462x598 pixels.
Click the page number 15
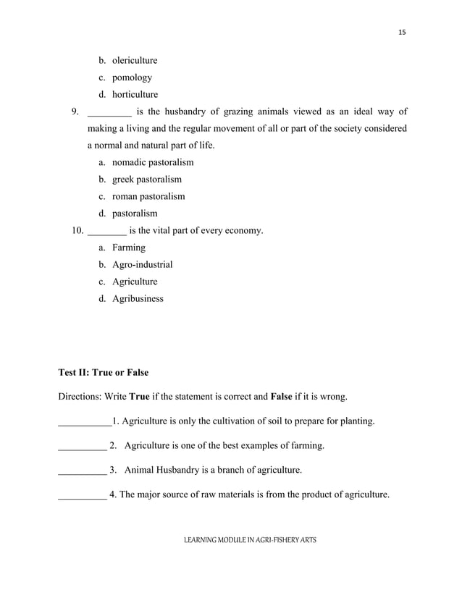tap(402, 33)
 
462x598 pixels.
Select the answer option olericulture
tap(134, 60)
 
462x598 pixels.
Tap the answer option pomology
tap(131, 77)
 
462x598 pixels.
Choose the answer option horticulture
tap(135, 94)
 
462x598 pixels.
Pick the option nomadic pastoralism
tap(152, 162)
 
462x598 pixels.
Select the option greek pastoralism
tap(146, 180)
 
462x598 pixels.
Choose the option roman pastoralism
tap(148, 196)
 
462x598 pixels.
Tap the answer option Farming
tap(128, 248)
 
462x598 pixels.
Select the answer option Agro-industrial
tap(142, 264)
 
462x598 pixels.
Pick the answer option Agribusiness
tap(137, 298)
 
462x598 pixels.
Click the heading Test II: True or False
tap(103, 373)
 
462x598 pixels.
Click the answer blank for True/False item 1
tap(83, 421)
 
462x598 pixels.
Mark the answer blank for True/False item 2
tap(81, 446)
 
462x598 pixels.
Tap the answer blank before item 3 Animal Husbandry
tap(81, 471)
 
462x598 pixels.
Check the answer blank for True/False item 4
tap(81, 496)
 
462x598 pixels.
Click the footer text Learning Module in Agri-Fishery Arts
tap(250, 540)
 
